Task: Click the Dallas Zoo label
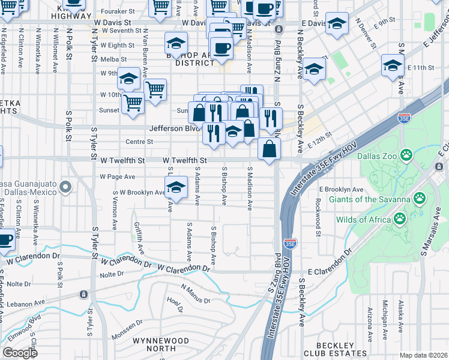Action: [x=376, y=155]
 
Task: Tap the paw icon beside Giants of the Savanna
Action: [x=419, y=198]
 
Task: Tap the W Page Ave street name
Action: [x=118, y=177]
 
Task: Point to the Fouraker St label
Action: [x=118, y=11]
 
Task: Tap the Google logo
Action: [x=20, y=353]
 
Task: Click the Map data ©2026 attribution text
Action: [x=423, y=355]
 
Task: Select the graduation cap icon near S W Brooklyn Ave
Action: [x=176, y=187]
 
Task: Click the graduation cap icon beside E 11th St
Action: [x=393, y=65]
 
